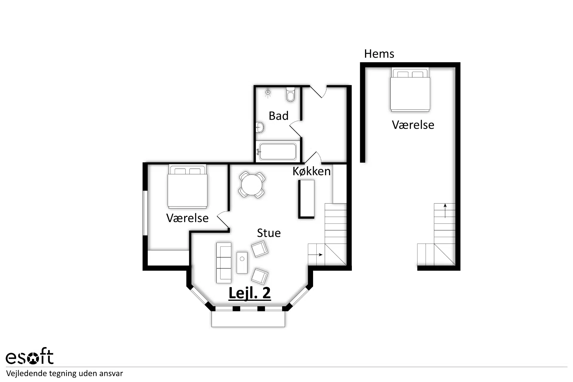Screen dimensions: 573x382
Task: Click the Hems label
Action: (379, 54)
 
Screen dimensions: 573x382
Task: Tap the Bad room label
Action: (278, 116)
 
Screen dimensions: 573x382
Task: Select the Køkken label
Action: (312, 171)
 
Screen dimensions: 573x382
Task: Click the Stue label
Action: (269, 233)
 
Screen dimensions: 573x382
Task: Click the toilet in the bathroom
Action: (290, 94)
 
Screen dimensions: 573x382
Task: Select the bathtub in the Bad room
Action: (278, 152)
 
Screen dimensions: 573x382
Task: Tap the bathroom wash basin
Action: (260, 127)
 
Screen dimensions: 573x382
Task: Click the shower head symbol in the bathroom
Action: (268, 93)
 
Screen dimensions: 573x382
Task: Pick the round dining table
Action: (252, 185)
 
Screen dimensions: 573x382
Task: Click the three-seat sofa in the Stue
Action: (224, 263)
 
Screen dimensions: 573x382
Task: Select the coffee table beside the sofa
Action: (242, 263)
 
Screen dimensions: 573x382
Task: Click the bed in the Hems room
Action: (410, 90)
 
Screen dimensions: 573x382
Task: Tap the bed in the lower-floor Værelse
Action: (187, 186)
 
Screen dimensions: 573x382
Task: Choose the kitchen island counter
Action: (306, 199)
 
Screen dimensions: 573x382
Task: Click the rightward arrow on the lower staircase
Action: (315, 255)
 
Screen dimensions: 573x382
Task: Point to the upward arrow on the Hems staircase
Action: (445, 211)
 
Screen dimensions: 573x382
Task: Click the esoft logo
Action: (30, 356)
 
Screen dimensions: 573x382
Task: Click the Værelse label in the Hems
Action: (413, 125)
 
